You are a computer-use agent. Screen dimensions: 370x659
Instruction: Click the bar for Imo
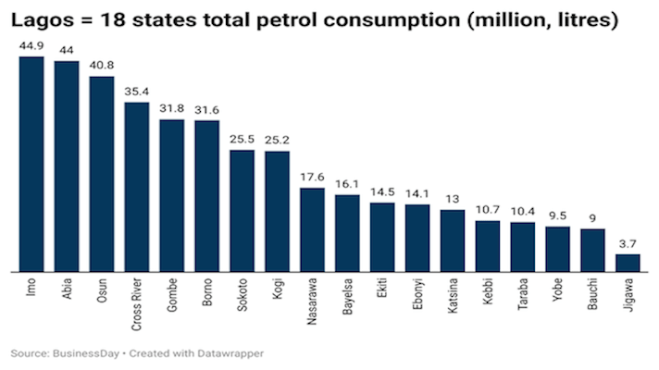point(31,164)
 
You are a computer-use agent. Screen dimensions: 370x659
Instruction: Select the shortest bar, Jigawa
point(628,263)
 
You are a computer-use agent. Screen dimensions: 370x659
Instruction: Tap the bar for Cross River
point(137,187)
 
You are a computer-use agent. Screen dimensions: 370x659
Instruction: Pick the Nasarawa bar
point(312,229)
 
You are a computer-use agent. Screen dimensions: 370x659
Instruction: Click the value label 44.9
point(31,45)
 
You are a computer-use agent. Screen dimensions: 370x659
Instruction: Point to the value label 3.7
point(628,243)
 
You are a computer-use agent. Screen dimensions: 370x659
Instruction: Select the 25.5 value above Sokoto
point(242,139)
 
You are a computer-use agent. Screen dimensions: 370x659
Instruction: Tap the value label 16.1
point(347,183)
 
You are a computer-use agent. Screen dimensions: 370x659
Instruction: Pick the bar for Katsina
point(453,240)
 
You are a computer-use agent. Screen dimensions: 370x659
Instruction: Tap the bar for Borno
point(207,196)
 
